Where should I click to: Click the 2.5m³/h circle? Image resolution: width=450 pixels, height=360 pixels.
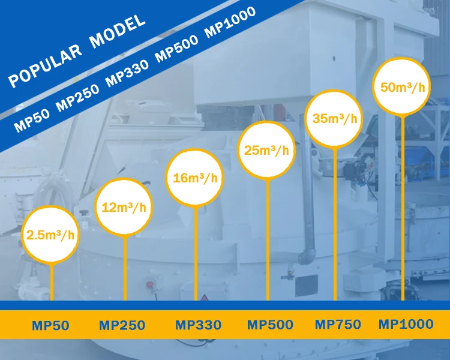tap(51, 235)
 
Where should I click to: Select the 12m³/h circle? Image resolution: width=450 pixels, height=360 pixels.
tap(124, 208)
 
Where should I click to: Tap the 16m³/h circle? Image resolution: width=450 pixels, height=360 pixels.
tap(195, 178)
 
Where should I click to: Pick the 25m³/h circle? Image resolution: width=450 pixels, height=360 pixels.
tap(267, 149)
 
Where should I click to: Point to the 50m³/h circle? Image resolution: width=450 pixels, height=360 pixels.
tap(403, 86)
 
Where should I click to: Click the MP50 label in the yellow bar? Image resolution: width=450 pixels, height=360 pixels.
tap(51, 326)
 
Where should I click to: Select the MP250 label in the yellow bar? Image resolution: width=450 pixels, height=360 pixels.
tap(122, 326)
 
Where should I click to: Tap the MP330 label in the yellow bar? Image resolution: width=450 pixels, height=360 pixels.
tap(198, 326)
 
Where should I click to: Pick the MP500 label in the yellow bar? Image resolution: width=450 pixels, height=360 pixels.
tap(271, 325)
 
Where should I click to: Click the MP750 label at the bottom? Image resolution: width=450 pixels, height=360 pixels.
tap(338, 325)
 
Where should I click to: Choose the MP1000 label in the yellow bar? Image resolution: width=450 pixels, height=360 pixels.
tap(406, 325)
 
